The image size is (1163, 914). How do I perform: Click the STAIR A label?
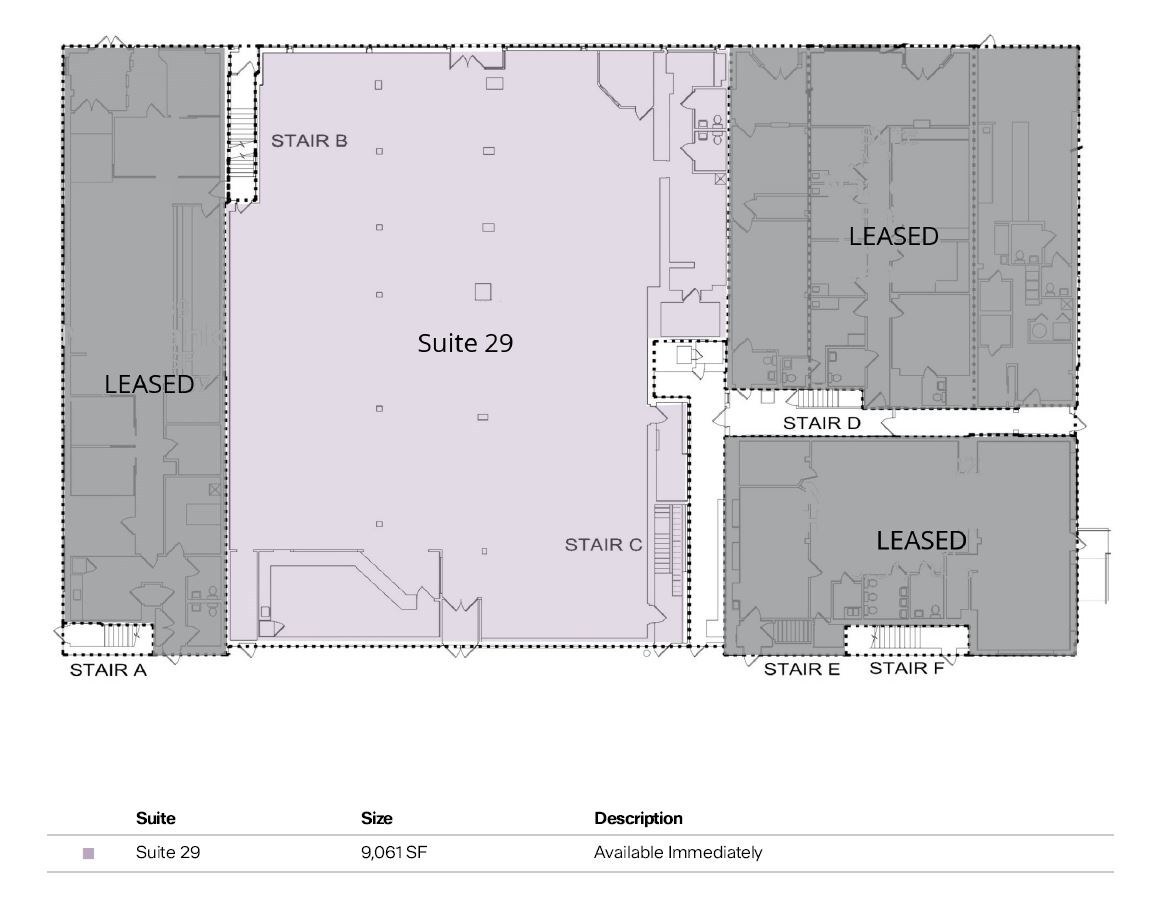point(108,670)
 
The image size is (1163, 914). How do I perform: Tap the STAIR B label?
point(310,141)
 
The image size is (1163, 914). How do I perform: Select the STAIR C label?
point(603,545)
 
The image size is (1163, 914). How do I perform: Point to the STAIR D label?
point(821,423)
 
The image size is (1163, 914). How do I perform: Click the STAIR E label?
point(802,669)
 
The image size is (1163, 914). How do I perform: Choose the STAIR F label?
point(906,668)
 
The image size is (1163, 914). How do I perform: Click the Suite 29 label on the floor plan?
point(465,343)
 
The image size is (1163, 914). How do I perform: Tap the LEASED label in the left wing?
point(149,384)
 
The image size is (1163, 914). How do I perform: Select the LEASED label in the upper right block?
point(893,236)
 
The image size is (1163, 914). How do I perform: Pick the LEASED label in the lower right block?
point(921,540)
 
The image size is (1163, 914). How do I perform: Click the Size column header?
point(376,818)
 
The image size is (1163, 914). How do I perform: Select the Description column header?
point(638,818)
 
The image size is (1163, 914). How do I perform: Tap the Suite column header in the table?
point(155,818)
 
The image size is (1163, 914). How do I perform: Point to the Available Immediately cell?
point(678,853)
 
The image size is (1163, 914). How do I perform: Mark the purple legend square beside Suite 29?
point(88,854)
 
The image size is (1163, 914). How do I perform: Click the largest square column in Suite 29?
point(483,292)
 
